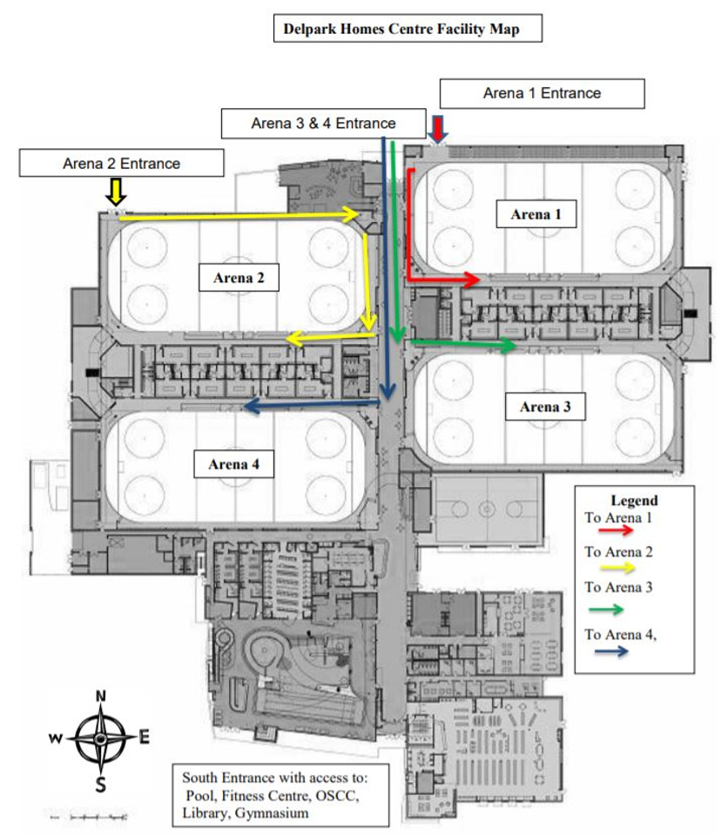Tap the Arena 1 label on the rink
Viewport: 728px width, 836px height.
536,214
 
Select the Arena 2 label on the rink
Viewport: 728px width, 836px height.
239,277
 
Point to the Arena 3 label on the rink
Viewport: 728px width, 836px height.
545,407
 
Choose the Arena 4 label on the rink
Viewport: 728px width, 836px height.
233,464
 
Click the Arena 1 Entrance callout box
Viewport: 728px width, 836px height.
542,93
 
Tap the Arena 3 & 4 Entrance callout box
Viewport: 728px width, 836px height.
323,123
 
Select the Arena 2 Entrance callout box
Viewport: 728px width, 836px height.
122,163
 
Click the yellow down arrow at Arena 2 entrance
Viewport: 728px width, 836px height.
116,192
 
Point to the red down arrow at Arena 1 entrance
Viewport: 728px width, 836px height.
438,130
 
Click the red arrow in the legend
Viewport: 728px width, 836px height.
615,530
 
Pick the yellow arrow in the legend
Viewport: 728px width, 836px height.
617,567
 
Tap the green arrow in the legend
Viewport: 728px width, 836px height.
606,610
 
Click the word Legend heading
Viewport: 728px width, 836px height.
634,500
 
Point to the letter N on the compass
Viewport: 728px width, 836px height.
101,696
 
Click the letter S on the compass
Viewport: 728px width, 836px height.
100,785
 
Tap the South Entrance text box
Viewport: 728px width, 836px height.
280,795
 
